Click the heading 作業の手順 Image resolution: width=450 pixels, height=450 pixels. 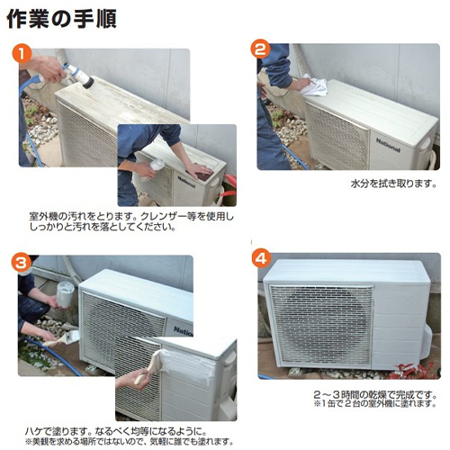pyautogui.click(x=61, y=19)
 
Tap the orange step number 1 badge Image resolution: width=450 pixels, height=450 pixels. pyautogui.click(x=22, y=53)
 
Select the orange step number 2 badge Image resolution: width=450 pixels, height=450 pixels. pyautogui.click(x=260, y=49)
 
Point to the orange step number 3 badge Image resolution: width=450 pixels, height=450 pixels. pyautogui.click(x=22, y=263)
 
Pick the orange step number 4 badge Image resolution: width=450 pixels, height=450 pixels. pyautogui.click(x=261, y=257)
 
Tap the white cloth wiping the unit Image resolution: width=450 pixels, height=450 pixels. pyautogui.click(x=314, y=85)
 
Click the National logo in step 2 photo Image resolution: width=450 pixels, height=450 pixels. pyautogui.click(x=388, y=145)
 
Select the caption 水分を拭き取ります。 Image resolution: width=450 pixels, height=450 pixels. pyautogui.click(x=393, y=183)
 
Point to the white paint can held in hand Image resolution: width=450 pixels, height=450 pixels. pyautogui.click(x=65, y=294)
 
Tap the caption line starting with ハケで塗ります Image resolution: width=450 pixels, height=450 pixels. pyautogui.click(x=115, y=431)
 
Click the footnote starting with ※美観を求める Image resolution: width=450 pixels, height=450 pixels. pyautogui.click(x=129, y=442)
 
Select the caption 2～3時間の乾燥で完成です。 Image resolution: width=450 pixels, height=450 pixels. pyautogui.click(x=374, y=394)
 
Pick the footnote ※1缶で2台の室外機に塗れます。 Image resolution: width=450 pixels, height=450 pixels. pyautogui.click(x=374, y=403)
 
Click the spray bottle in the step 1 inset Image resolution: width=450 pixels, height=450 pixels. pyautogui.click(x=153, y=169)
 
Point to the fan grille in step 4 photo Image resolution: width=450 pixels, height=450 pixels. pyautogui.click(x=320, y=325)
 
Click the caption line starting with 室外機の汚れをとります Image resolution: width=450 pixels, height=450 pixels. pyautogui.click(x=131, y=217)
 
